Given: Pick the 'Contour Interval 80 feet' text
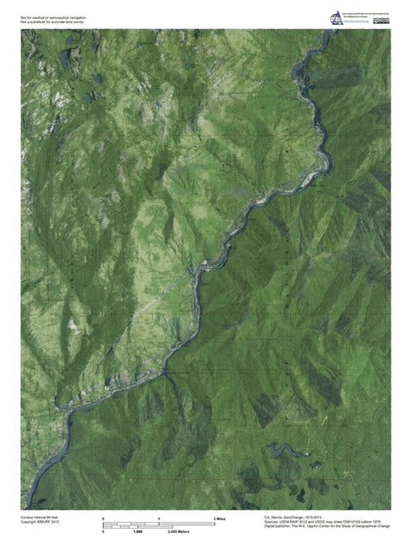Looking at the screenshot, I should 41,518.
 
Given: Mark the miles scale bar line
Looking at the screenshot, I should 159,524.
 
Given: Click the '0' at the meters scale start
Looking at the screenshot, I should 104,532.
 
